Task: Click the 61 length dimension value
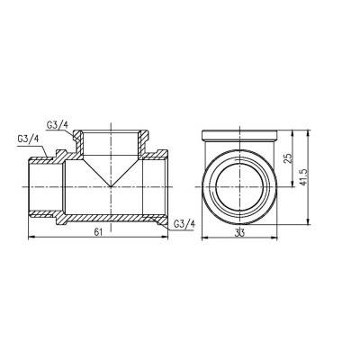point(96,231)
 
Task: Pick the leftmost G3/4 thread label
point(26,139)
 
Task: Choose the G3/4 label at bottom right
point(184,223)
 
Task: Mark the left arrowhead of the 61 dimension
point(33,238)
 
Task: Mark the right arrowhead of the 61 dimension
point(165,238)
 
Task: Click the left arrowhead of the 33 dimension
point(201,238)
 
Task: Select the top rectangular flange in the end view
point(238,137)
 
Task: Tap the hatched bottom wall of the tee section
point(108,217)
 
